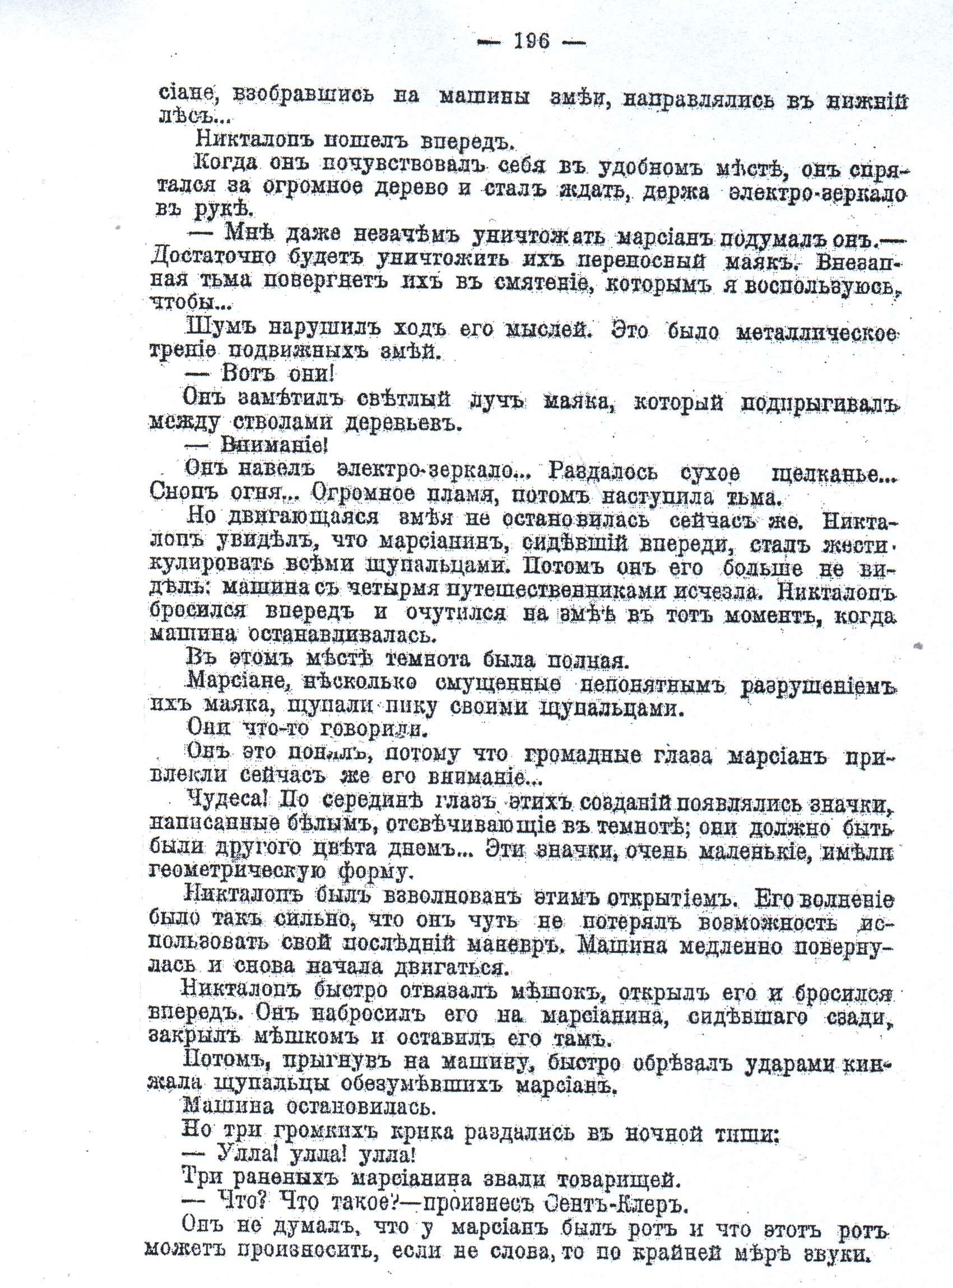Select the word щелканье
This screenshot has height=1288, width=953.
point(825,475)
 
